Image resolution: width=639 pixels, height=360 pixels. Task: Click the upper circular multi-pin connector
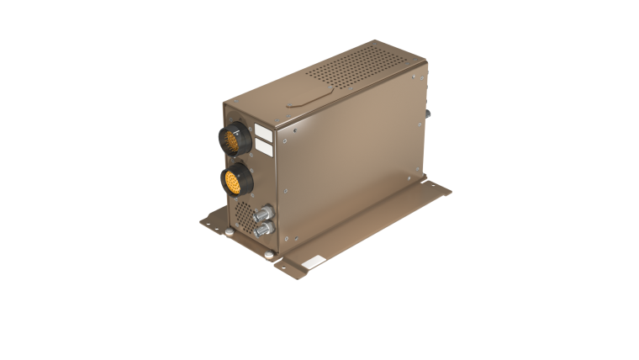pos(233,138)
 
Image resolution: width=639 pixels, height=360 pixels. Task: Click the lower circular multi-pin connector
pos(235,177)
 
